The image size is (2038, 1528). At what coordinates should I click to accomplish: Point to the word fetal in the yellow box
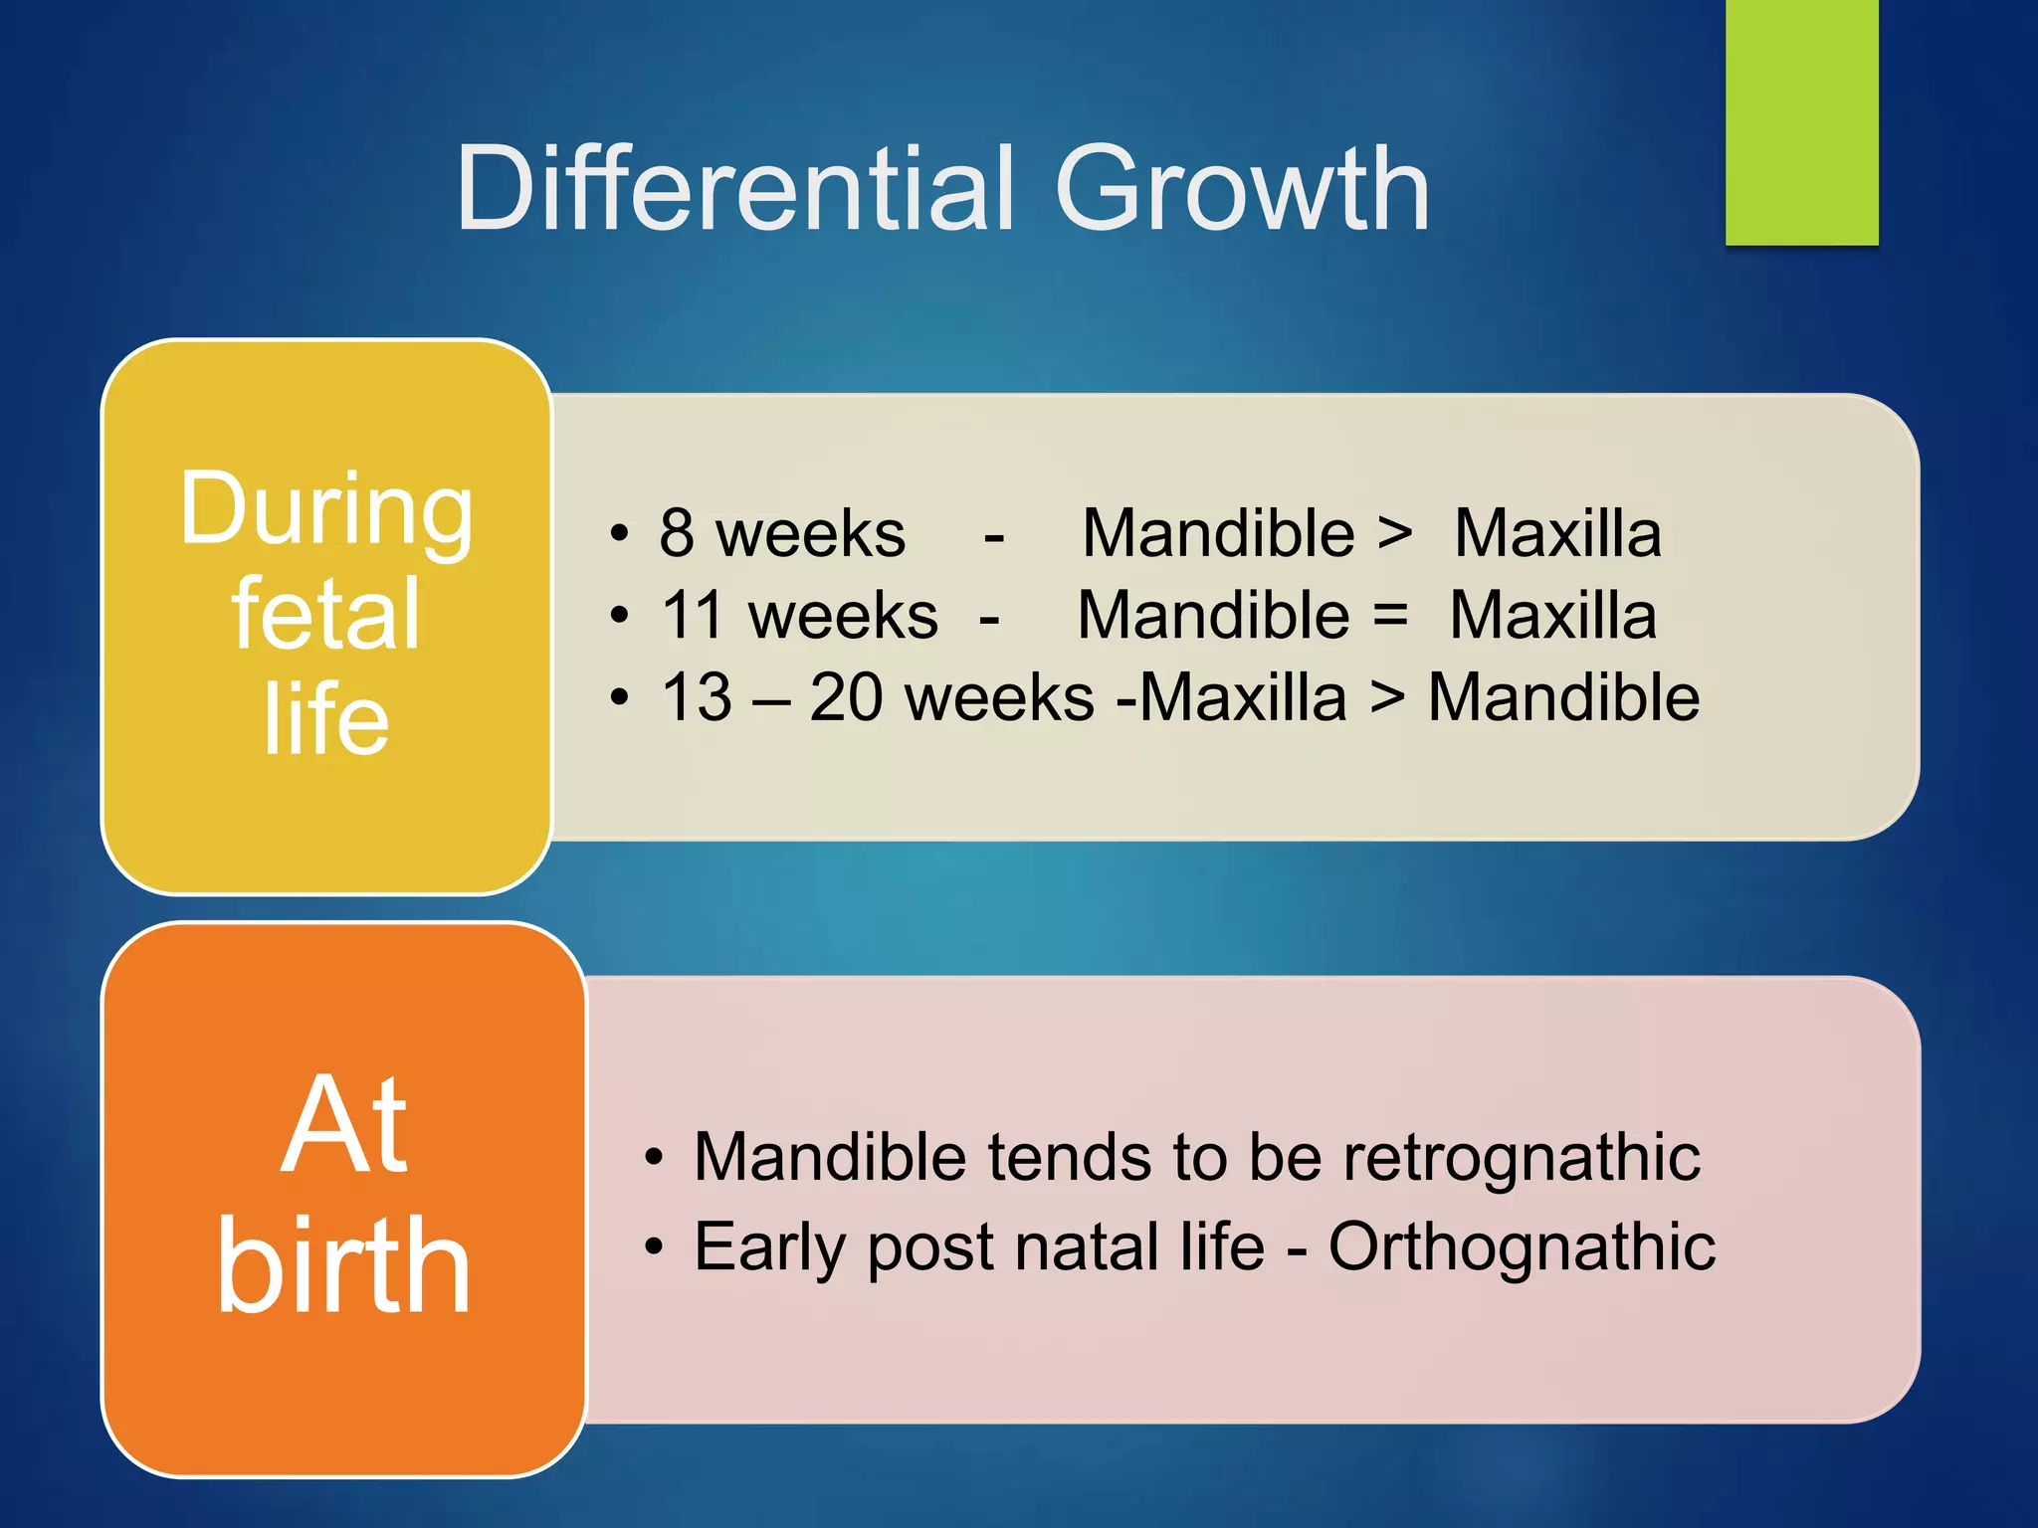click(x=325, y=615)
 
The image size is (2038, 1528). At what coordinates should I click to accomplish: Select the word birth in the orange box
click(x=344, y=1267)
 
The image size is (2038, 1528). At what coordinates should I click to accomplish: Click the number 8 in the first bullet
click(x=677, y=533)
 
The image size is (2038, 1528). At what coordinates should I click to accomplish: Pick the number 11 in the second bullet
click(x=701, y=615)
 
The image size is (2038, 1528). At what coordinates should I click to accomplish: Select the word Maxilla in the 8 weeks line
click(x=1557, y=533)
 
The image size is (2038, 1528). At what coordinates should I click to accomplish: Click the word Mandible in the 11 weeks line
click(x=1213, y=615)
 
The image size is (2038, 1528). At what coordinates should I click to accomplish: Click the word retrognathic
click(x=1522, y=1158)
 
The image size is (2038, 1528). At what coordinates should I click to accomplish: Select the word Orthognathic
click(x=1522, y=1247)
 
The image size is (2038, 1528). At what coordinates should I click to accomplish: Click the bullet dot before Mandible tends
click(x=653, y=1159)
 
